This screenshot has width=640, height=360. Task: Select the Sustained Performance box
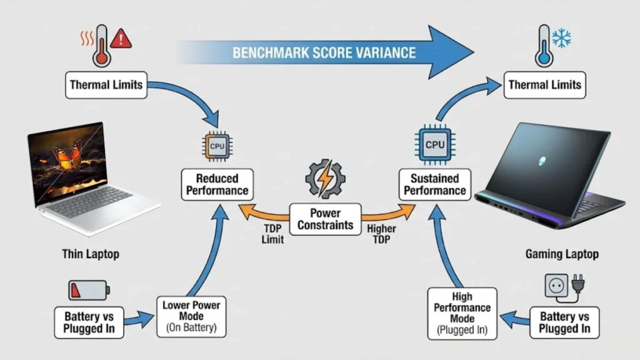[434, 184]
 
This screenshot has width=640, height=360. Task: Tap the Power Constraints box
[325, 219]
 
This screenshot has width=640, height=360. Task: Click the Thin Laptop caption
[90, 254]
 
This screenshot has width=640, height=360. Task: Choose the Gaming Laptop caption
[562, 254]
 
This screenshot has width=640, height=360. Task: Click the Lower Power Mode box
[191, 317]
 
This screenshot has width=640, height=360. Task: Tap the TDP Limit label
[272, 234]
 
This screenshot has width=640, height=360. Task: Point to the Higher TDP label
[382, 234]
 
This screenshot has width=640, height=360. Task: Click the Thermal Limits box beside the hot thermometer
[107, 84]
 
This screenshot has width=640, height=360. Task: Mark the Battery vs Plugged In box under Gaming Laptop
[564, 322]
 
